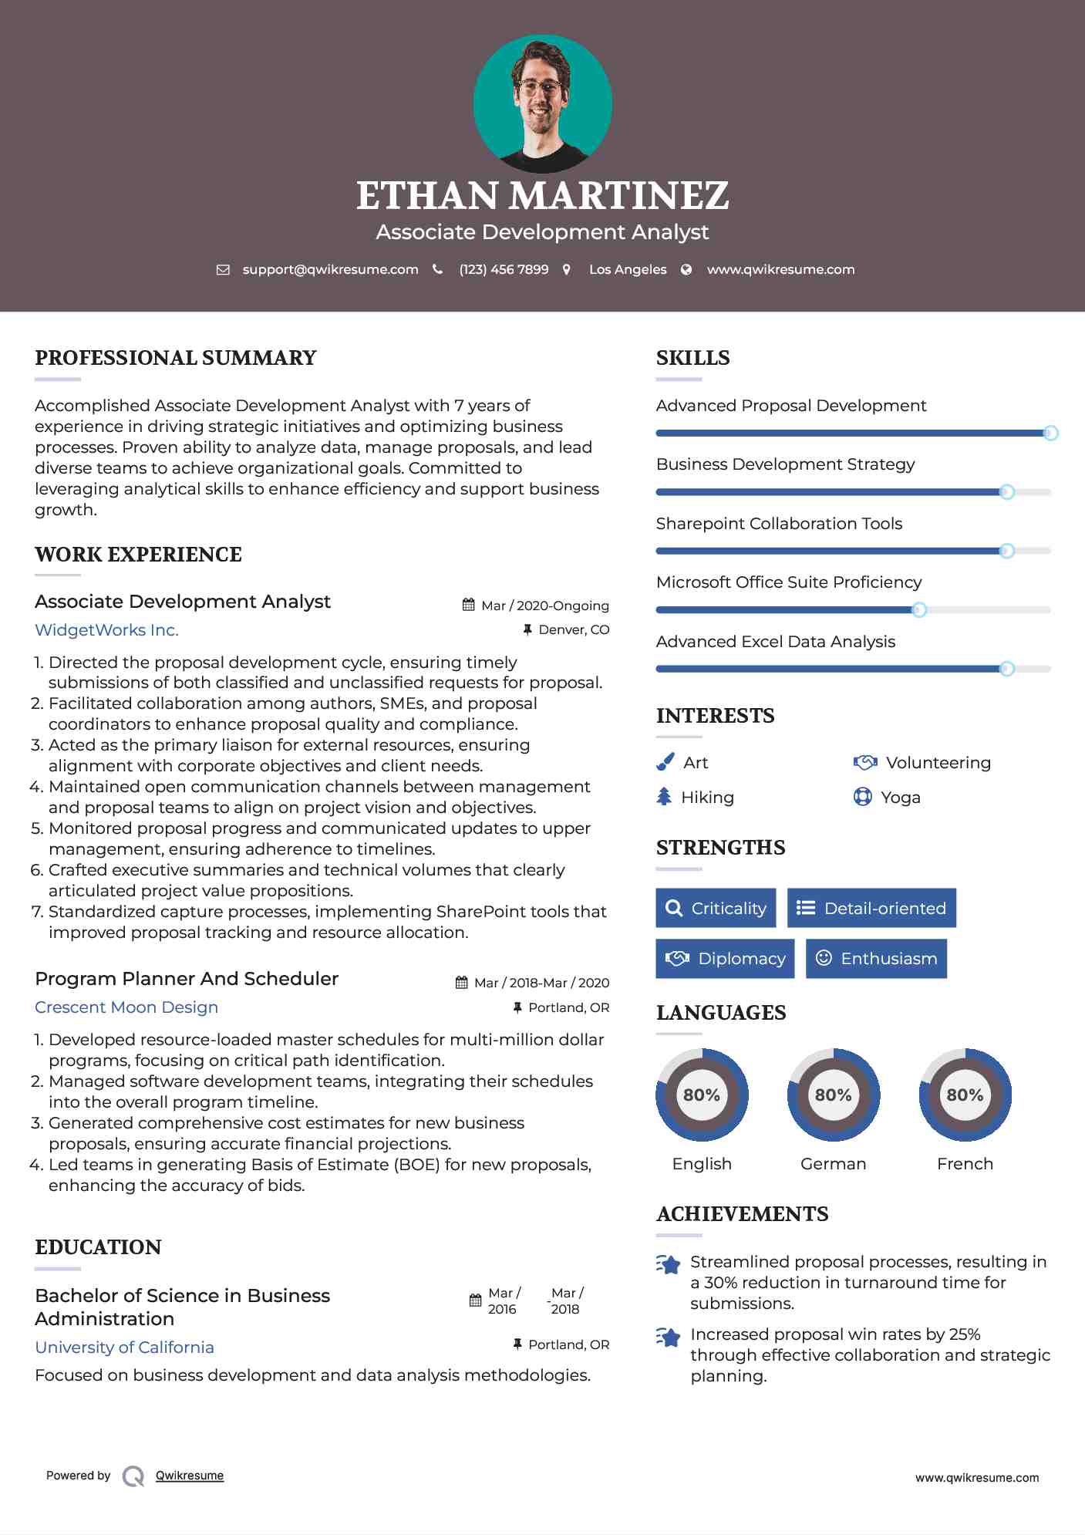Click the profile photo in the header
point(542,103)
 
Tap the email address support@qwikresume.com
point(330,269)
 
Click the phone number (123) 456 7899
point(504,269)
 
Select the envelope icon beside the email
point(223,270)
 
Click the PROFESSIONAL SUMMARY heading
point(176,358)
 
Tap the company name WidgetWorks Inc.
point(106,630)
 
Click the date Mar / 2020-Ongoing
point(544,606)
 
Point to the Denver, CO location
point(573,629)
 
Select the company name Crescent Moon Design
point(126,1007)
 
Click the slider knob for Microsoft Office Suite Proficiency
point(919,610)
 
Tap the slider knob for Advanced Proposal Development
point(1050,434)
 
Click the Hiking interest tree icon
point(664,797)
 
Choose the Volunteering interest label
point(938,763)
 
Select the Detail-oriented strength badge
point(871,908)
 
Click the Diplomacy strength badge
point(725,959)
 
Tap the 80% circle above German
point(833,1095)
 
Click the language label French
point(965,1163)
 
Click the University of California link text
point(125,1348)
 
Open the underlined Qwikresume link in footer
point(190,1476)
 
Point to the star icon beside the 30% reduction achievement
point(669,1264)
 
